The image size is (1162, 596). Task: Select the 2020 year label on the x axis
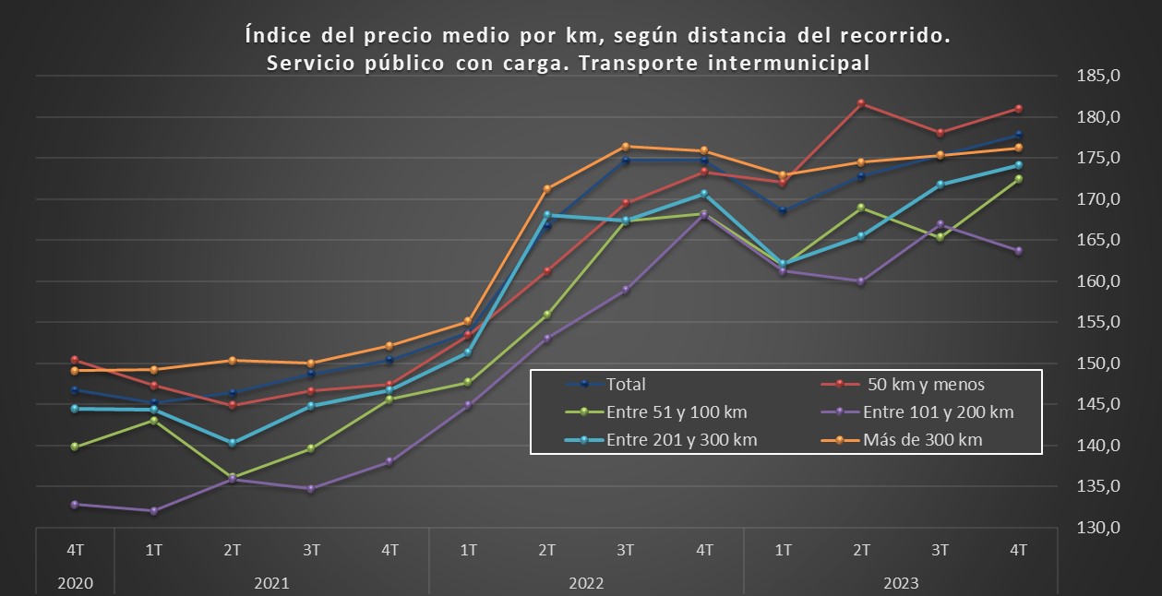click(74, 583)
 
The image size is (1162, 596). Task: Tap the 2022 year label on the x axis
click(586, 583)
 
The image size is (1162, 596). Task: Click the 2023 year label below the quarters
click(901, 583)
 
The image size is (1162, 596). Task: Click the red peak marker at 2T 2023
click(861, 103)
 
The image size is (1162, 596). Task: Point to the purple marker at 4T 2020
click(74, 505)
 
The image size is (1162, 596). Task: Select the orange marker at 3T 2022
click(625, 147)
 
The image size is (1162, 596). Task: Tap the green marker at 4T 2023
click(1019, 179)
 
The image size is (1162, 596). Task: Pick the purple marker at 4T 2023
click(1019, 251)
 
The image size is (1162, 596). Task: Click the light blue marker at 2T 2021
click(232, 443)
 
